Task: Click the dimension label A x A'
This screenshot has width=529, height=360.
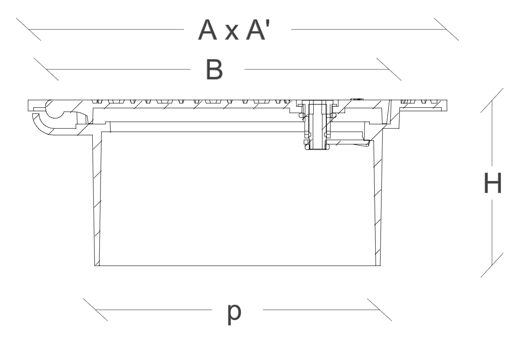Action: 234,30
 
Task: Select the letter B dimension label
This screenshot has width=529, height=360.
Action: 214,69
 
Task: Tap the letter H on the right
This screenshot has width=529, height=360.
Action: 493,183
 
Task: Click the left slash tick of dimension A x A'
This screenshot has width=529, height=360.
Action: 29,29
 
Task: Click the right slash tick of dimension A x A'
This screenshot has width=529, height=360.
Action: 446,29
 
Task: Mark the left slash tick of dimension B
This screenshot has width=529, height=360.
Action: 46,69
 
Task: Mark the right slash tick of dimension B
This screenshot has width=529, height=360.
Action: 389,69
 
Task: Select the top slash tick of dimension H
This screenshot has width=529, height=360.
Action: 492,100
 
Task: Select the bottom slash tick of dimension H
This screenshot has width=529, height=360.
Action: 492,265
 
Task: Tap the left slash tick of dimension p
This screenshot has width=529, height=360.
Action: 96,310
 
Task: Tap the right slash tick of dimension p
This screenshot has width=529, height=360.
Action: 379,310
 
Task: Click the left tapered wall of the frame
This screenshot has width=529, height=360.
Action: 97,200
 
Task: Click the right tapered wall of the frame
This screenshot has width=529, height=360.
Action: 378,201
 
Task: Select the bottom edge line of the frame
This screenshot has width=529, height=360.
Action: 237,266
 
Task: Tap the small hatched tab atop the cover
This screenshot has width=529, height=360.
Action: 357,99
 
